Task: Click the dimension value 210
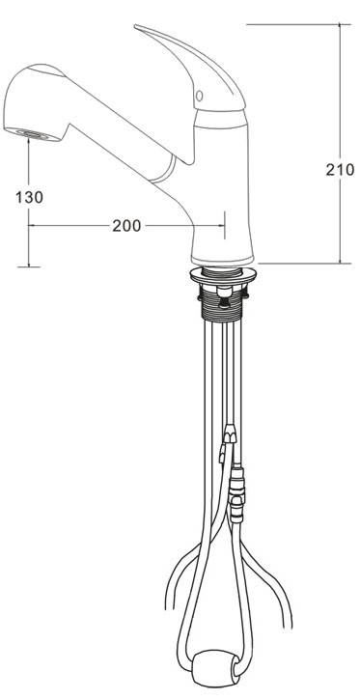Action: pos(340,170)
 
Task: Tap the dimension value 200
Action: pos(126,226)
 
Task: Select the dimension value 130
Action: pos(30,197)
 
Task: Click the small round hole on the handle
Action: pos(200,96)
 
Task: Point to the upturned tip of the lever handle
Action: pos(136,27)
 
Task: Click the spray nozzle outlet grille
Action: pos(33,133)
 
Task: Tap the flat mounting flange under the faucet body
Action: pos(223,275)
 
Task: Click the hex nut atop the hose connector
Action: pos(230,434)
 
